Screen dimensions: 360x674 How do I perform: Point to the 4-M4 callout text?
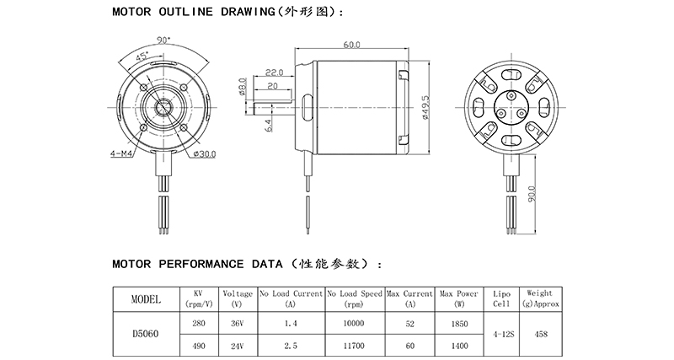pos(121,154)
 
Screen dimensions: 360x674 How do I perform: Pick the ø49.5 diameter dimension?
pos(426,108)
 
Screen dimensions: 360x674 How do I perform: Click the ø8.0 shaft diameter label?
pos(242,87)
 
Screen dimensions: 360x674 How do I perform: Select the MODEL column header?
pos(147,298)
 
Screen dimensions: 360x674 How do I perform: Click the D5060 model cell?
pos(147,333)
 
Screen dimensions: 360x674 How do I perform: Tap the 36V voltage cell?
pos(238,323)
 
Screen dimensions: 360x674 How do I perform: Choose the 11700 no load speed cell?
pos(354,346)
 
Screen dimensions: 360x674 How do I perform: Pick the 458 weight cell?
pos(541,334)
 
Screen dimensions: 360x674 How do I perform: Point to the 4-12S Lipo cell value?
pos(500,334)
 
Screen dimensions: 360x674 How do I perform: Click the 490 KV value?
pos(199,346)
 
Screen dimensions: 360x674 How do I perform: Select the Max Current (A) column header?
pos(410,298)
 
